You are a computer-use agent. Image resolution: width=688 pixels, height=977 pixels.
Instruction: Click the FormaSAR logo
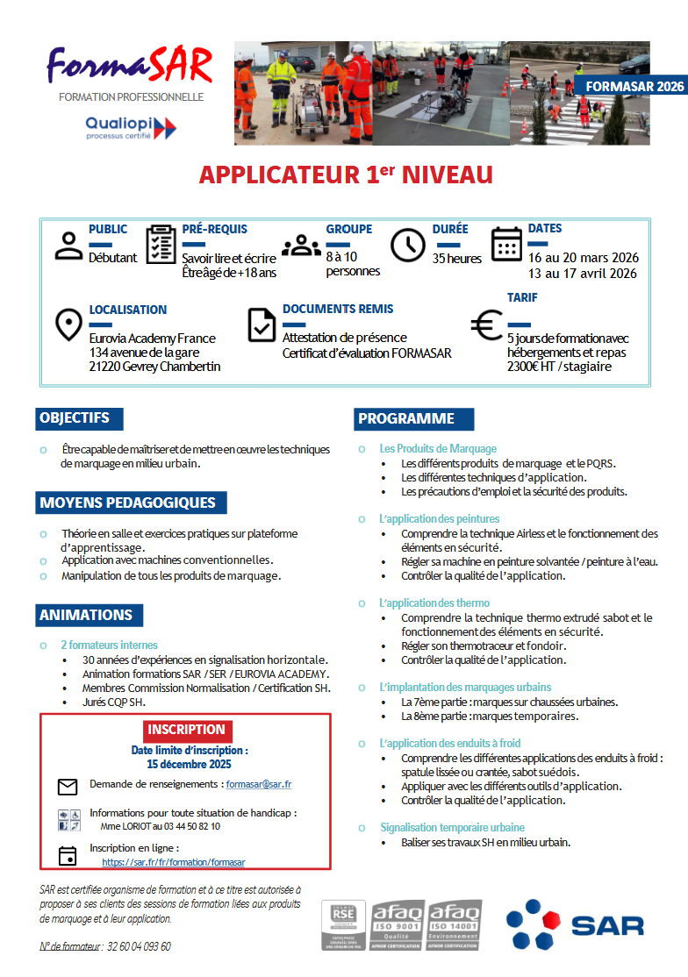[x=130, y=65]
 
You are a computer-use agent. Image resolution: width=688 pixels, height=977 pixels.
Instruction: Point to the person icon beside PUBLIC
[x=68, y=246]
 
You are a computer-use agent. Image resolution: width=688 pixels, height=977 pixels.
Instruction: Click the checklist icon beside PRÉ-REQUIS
[x=161, y=244]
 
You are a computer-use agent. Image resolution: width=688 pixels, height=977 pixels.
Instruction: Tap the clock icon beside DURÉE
[x=407, y=245]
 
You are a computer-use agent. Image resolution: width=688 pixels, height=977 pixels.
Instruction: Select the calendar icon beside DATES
[x=506, y=244]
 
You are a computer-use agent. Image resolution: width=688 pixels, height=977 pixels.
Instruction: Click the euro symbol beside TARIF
[x=486, y=325]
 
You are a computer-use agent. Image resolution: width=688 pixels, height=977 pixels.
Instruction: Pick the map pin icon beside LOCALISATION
[x=68, y=324]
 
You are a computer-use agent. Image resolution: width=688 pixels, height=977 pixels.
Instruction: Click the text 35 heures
[x=457, y=259]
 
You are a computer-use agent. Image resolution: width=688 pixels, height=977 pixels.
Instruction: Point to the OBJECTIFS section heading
[x=75, y=418]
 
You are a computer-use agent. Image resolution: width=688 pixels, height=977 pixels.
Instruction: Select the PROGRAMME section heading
[x=405, y=419]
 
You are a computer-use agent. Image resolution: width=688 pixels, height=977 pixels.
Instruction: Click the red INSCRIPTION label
[x=186, y=730]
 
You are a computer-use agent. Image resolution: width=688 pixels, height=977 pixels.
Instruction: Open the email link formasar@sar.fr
[x=259, y=784]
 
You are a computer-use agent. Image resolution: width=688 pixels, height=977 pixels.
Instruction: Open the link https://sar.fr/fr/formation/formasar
[x=174, y=862]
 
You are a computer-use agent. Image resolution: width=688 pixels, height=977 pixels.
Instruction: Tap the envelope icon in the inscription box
[x=68, y=786]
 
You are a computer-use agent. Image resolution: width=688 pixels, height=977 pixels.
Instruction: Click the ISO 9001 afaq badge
[x=398, y=924]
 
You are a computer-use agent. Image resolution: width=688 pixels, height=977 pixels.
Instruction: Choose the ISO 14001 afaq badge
[x=454, y=924]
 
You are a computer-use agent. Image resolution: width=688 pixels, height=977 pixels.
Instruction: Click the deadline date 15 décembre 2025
[x=189, y=764]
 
